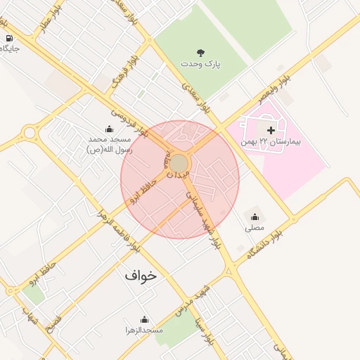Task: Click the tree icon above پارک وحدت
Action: coord(200,53)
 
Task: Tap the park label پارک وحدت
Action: coord(200,64)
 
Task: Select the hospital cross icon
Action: coord(271,131)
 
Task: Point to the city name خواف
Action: coord(141,276)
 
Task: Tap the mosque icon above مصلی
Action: coord(254,217)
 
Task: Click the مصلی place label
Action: coord(254,228)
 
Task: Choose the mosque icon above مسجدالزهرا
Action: coord(144,319)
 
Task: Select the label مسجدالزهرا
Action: coord(144,330)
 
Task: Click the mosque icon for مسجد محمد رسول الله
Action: coord(109,129)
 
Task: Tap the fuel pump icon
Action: coord(8,38)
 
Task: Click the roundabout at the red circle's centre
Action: coord(179,164)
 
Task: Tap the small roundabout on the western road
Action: coord(30,132)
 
